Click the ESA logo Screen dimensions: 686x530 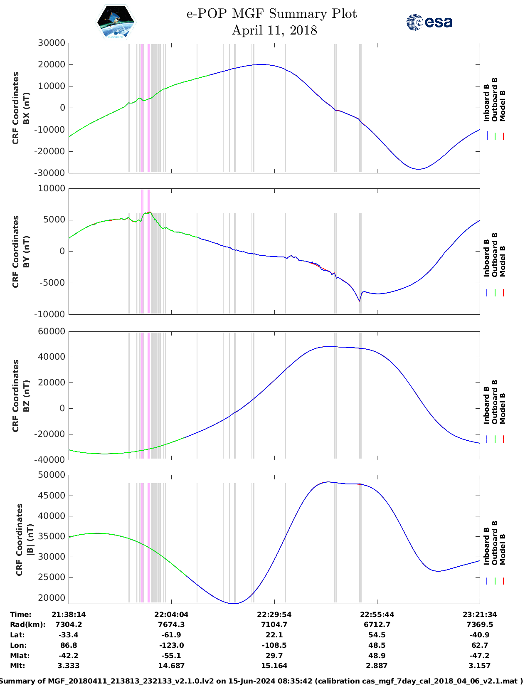tap(429, 22)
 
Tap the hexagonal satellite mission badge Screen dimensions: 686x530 tap(116, 22)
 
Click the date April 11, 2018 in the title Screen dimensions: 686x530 tap(274, 30)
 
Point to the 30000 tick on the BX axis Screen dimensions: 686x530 tap(52, 43)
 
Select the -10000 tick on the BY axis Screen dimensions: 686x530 tap(50, 314)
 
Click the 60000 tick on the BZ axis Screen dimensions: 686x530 tap(52, 331)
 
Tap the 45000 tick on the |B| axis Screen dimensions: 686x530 tap(52, 495)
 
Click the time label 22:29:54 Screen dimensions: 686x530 tap(274, 614)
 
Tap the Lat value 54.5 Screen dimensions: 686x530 tap(377, 635)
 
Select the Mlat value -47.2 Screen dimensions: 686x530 tap(479, 656)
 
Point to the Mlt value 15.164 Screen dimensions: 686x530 tap(274, 666)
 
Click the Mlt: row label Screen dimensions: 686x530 tap(17, 666)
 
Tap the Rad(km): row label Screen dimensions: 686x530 tap(27, 624)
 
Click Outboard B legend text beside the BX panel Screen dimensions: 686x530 tap(495, 100)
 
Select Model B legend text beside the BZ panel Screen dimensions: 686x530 tap(503, 408)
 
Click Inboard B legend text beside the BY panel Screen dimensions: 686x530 tap(487, 258)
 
